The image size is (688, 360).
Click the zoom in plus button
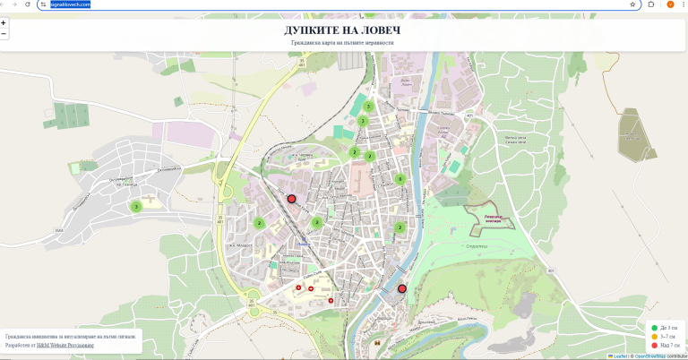[x=4, y=22]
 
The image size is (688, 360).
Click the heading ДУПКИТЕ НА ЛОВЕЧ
[x=342, y=31]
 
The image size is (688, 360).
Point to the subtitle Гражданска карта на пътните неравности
[x=342, y=43]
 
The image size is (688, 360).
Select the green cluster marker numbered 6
[x=400, y=179]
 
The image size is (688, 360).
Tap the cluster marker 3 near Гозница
[x=136, y=207]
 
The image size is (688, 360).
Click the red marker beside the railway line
[x=291, y=199]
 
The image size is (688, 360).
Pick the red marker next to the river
[x=402, y=289]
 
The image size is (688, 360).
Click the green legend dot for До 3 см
[x=655, y=328]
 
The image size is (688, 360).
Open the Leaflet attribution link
[x=619, y=356]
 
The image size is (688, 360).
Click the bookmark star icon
[x=632, y=4]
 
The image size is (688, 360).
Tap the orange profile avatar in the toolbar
[x=670, y=4]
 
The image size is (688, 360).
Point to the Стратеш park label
[x=477, y=245]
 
